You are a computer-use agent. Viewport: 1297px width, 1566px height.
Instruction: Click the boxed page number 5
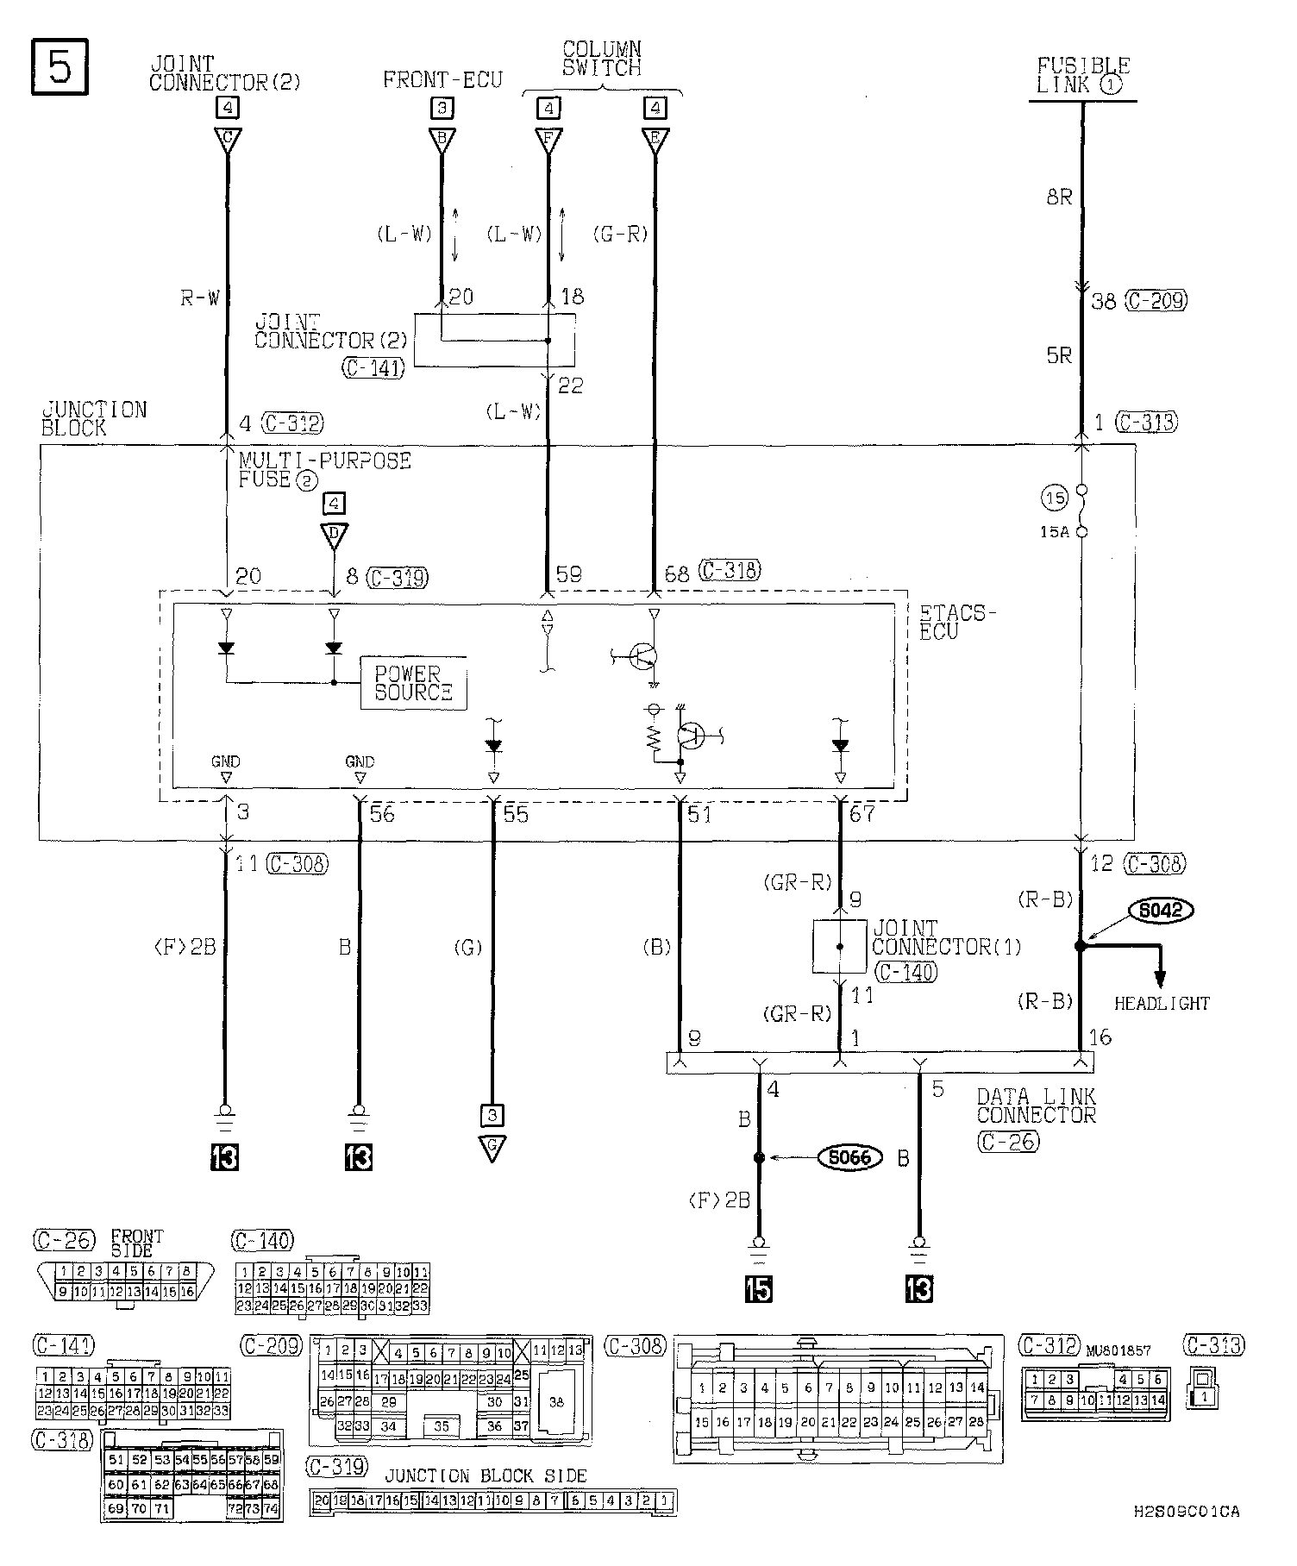60,66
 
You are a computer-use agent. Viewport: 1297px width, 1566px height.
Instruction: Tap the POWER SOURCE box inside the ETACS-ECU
413,682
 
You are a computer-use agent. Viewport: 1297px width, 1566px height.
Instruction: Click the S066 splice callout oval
849,1157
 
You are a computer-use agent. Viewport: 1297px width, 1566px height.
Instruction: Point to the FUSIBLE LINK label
1082,75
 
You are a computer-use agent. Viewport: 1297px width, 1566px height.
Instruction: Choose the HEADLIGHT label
1162,1003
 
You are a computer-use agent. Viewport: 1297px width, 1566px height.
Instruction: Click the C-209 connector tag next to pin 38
1156,300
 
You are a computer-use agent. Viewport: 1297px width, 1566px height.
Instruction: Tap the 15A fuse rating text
1054,532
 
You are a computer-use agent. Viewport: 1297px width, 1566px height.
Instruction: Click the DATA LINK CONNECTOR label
1036,1106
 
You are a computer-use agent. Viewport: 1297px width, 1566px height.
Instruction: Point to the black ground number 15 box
759,1287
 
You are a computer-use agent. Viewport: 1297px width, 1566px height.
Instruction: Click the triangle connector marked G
492,1148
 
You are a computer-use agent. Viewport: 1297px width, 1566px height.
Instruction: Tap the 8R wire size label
1059,197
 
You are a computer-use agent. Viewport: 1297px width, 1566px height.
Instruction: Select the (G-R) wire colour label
620,234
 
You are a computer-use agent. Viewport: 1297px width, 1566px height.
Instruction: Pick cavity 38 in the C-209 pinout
556,1401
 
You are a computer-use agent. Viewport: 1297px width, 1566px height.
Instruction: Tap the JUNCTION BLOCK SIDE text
486,1475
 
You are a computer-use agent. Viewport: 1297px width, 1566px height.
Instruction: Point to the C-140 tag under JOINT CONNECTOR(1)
905,971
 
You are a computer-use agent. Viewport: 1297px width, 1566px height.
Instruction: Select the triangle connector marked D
335,535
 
